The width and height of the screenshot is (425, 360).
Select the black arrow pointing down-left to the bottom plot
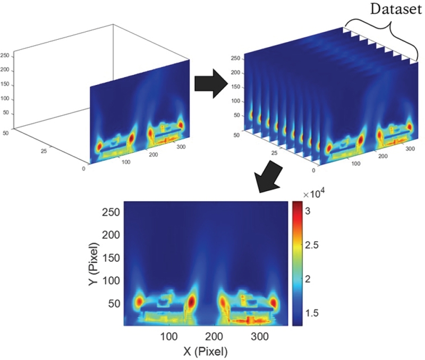tap(271, 178)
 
